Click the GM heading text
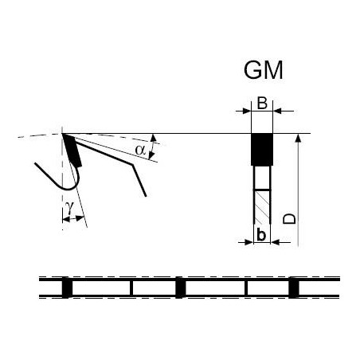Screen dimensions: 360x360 coord(263,70)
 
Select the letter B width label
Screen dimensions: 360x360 coord(262,104)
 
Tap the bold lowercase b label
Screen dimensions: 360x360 coord(261,235)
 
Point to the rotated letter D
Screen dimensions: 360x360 coord(289,218)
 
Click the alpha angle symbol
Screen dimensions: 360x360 coord(140,150)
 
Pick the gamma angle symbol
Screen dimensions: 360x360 coord(69,208)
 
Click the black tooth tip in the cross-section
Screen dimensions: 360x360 coord(262,150)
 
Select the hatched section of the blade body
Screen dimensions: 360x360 coord(262,207)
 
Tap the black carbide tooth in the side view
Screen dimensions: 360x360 coord(72,151)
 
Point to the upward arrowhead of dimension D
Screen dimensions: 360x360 coord(298,138)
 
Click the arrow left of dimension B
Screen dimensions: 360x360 coord(243,111)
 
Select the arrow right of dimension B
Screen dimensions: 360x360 coord(284,111)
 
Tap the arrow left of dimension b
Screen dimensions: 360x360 coord(245,242)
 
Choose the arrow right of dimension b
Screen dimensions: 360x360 coord(280,242)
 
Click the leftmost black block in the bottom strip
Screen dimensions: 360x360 coord(67,288)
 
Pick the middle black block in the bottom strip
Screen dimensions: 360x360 coord(181,288)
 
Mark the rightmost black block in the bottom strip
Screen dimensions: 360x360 coord(294,288)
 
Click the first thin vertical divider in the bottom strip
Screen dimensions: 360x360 coord(131,288)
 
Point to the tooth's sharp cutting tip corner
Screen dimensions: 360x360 coord(63,134)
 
